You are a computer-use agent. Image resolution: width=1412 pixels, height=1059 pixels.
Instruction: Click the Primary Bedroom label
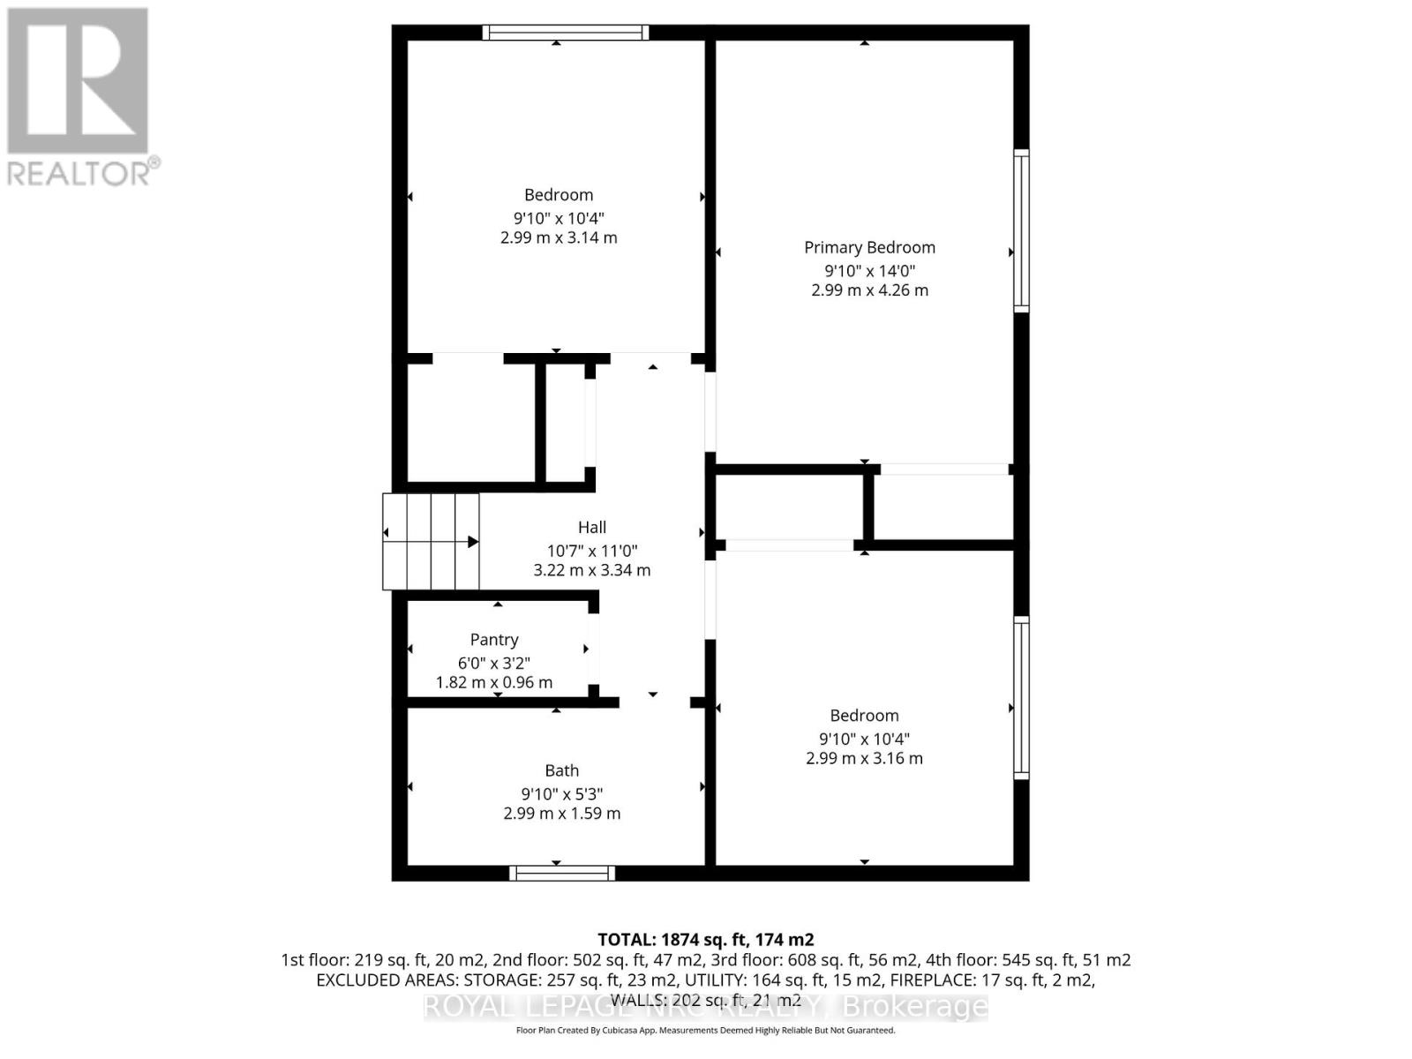[869, 248]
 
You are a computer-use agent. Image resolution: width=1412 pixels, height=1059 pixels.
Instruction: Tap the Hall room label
[592, 527]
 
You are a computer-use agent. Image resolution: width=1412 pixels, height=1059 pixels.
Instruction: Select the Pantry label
[494, 640]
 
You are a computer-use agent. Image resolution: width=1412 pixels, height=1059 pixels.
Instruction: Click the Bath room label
[562, 770]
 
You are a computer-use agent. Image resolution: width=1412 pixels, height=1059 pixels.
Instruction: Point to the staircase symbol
[431, 541]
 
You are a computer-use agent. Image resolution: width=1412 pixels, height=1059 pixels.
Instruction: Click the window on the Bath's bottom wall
[562, 873]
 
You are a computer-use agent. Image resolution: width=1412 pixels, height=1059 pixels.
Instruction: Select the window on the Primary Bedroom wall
[1021, 230]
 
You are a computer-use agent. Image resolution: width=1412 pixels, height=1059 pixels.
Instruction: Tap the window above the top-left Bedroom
[566, 33]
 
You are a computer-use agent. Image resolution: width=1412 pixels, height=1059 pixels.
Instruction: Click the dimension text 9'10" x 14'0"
[869, 271]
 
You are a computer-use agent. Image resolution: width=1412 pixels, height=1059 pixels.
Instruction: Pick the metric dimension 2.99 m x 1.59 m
[562, 814]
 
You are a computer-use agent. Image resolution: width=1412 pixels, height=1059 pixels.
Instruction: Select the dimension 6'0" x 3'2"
[494, 663]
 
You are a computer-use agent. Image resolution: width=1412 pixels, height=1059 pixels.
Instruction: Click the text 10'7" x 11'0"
[592, 550]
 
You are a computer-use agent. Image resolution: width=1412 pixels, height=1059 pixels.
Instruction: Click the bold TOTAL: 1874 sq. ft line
[706, 940]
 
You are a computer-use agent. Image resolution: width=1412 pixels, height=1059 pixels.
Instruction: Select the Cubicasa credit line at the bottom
[706, 1030]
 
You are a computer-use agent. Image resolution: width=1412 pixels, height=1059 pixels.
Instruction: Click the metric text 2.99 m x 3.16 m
[864, 759]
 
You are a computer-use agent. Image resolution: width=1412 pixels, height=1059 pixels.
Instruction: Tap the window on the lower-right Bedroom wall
[1021, 697]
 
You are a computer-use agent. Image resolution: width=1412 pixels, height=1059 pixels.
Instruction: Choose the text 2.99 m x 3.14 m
[559, 238]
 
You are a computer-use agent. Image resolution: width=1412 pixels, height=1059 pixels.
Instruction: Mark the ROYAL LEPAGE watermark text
[706, 1007]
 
